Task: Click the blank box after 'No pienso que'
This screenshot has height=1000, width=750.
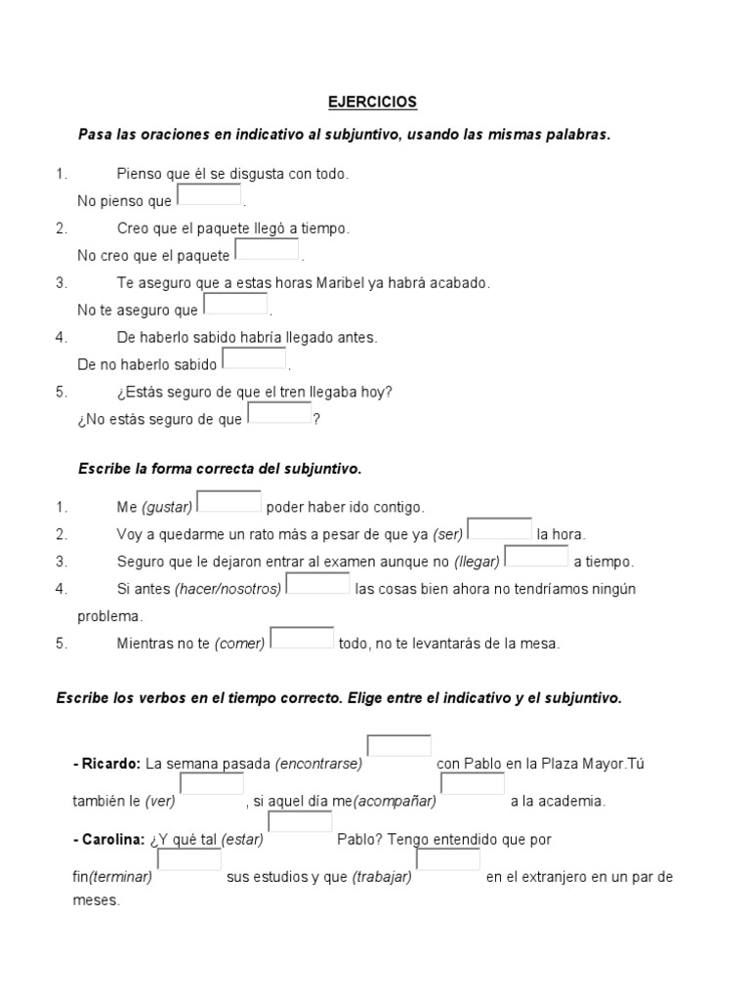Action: pyautogui.click(x=209, y=194)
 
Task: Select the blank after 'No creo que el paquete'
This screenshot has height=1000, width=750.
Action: pyautogui.click(x=267, y=249)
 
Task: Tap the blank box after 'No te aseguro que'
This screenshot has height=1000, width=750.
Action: pyautogui.click(x=235, y=304)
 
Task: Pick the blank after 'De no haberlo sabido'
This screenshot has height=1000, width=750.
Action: pyautogui.click(x=255, y=358)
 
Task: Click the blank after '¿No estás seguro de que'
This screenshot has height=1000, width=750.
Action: pyautogui.click(x=279, y=413)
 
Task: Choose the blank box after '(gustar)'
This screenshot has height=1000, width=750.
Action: pyautogui.click(x=229, y=501)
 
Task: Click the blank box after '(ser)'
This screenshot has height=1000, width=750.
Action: pyautogui.click(x=500, y=528)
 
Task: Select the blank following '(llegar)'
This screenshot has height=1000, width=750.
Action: pyautogui.click(x=536, y=556)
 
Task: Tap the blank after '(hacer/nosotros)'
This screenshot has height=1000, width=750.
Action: pyautogui.click(x=318, y=583)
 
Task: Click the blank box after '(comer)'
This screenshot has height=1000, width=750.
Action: pyautogui.click(x=302, y=638)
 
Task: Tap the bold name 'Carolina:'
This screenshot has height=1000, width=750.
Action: pyautogui.click(x=111, y=840)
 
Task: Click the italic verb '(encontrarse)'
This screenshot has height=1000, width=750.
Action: pyautogui.click(x=319, y=764)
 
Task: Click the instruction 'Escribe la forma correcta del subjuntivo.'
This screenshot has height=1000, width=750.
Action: pyautogui.click(x=220, y=469)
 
